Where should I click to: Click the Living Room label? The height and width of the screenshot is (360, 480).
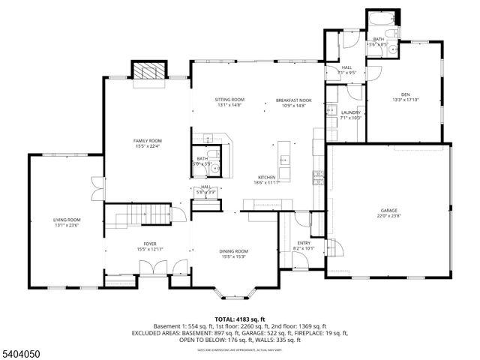click(x=67, y=221)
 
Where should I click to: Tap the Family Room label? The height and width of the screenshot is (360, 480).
click(x=148, y=142)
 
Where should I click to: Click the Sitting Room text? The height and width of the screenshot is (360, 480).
click(x=230, y=101)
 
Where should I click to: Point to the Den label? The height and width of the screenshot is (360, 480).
click(x=404, y=96)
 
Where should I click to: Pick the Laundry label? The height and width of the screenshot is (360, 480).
click(x=351, y=115)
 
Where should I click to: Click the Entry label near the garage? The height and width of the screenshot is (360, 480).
click(x=303, y=244)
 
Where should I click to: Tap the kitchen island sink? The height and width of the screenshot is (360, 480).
click(x=284, y=159)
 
